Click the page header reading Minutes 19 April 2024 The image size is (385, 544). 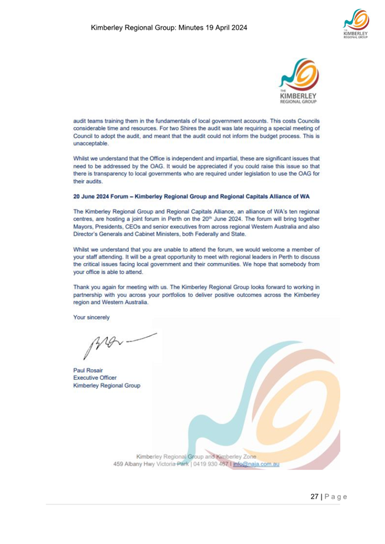169,27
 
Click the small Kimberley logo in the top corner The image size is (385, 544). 354,24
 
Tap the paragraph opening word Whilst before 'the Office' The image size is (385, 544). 81,158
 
